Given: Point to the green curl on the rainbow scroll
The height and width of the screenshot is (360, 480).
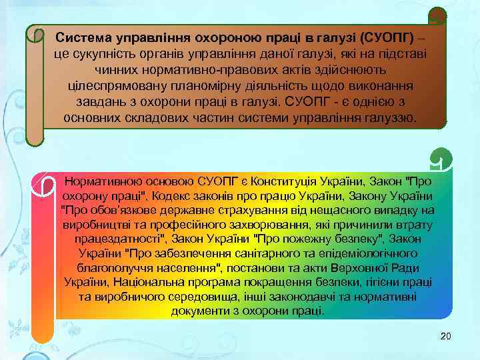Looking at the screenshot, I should tap(441, 159).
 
